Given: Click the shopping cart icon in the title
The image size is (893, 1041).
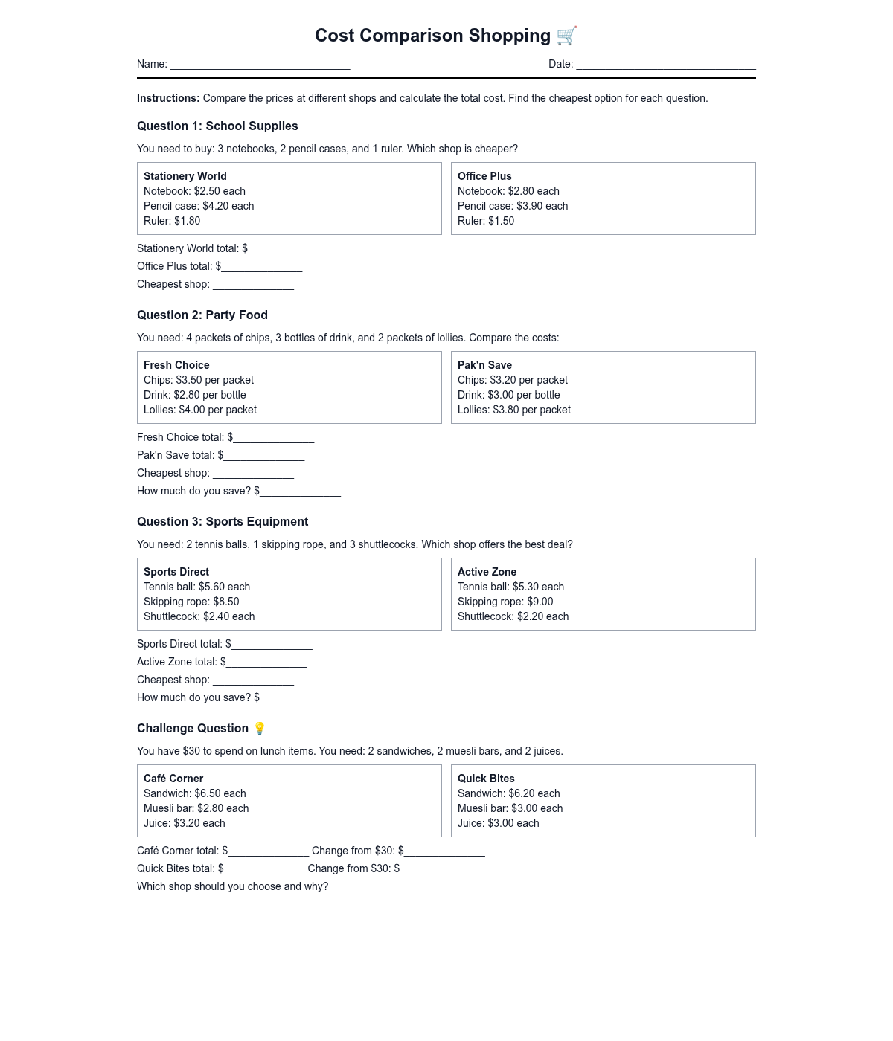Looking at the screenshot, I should [566, 35].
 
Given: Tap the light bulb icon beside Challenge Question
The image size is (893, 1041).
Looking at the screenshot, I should [260, 728].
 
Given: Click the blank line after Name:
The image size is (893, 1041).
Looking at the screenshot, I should [260, 65].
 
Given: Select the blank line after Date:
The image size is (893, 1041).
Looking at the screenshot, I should [665, 65].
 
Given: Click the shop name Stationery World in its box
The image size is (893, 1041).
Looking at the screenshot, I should [185, 176].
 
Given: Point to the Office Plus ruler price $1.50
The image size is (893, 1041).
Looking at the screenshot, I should [500, 221].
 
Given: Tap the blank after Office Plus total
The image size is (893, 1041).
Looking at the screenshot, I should [262, 268].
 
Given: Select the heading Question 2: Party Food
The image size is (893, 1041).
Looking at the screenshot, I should [202, 315].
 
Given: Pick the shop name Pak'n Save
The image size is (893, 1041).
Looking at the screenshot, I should [484, 365].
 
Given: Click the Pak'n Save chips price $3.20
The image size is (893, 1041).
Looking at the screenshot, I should [504, 380].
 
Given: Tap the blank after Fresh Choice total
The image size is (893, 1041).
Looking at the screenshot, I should [274, 439].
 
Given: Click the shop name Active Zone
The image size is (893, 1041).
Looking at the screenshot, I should [487, 572].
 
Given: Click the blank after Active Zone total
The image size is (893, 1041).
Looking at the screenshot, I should [266, 663].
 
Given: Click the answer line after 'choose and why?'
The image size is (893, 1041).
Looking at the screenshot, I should [473, 888].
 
